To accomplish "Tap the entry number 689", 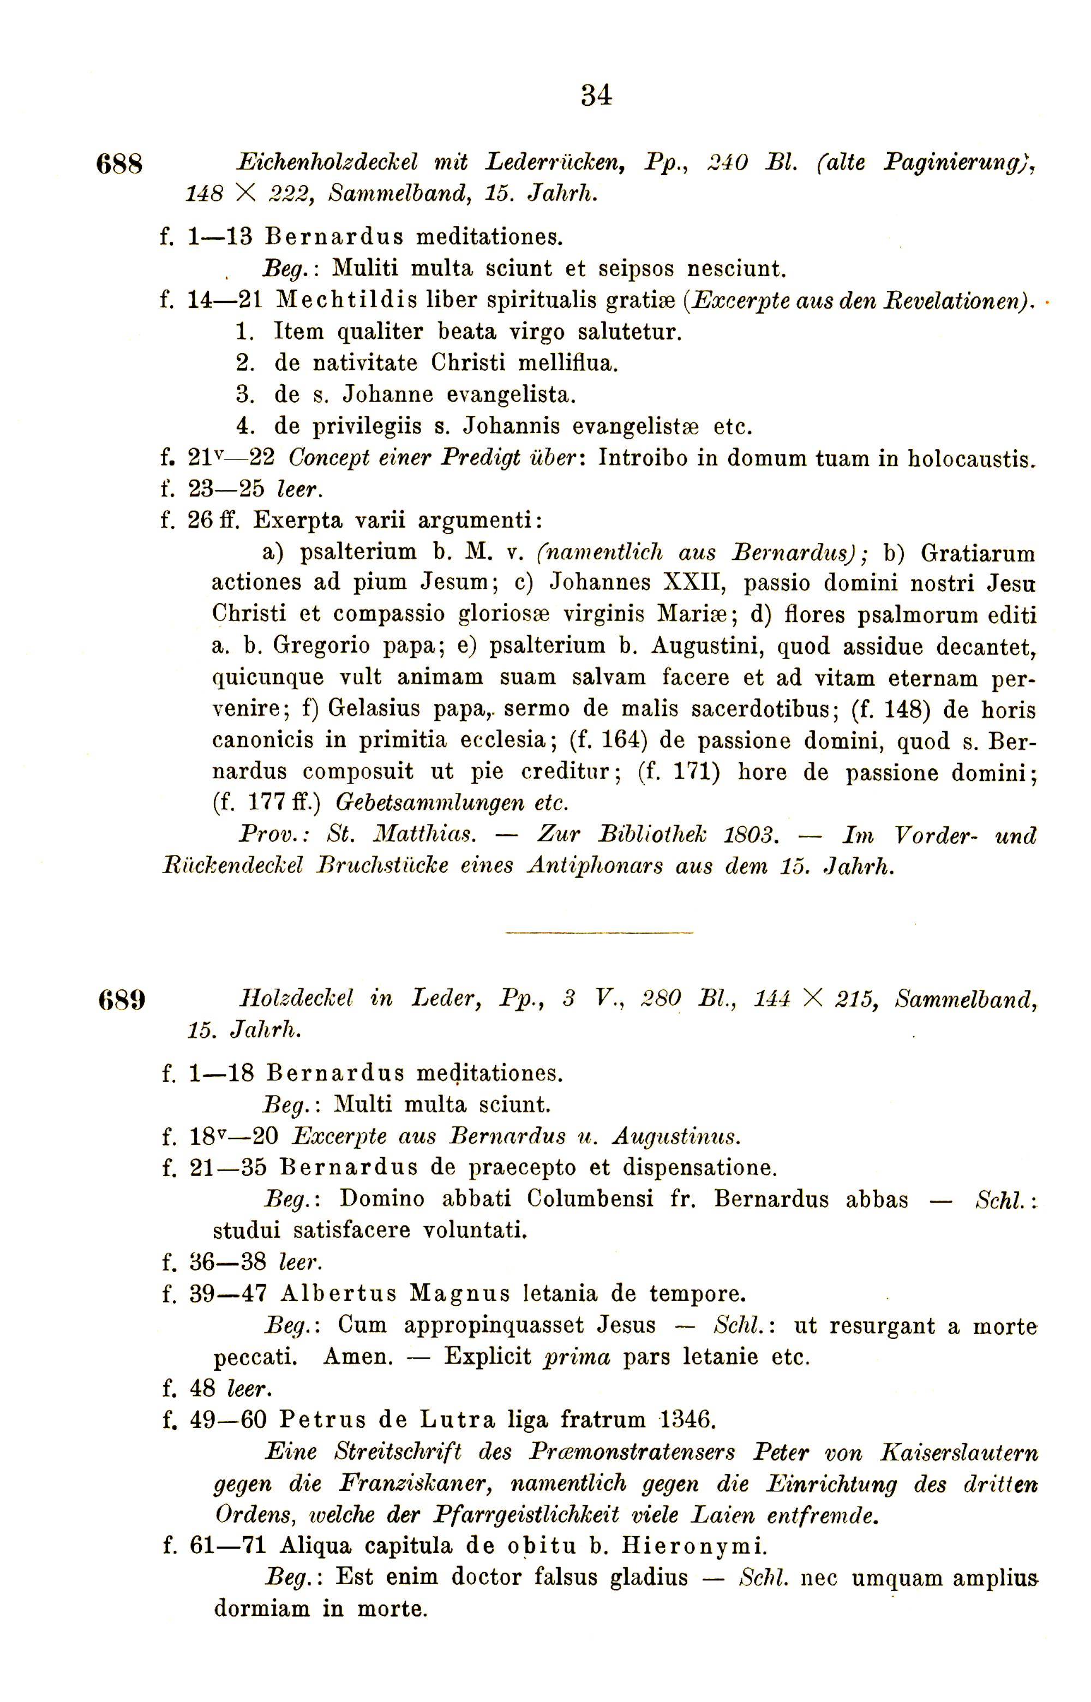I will [x=121, y=999].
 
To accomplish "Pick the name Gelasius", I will [x=381, y=709].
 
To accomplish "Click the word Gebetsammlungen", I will [x=430, y=803].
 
